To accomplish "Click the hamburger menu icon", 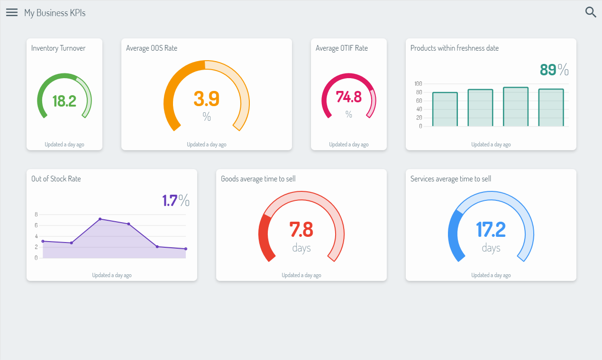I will [12, 13].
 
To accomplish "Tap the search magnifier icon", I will [591, 12].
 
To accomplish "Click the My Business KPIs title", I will [55, 13].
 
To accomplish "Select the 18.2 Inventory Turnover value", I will [64, 101].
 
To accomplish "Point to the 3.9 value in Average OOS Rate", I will [207, 99].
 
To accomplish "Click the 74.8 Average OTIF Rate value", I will [348, 97].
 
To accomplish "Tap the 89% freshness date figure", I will [554, 70].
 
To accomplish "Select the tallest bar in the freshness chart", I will [516, 107].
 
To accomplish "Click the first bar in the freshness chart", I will [445, 109].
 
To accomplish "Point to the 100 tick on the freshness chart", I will [418, 83].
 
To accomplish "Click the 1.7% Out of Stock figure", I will [175, 200].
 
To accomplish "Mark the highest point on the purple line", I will [100, 219].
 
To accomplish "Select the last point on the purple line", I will [186, 249].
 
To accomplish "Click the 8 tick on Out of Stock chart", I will [36, 215].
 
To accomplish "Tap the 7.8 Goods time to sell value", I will [301, 229].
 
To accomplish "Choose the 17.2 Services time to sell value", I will [491, 229].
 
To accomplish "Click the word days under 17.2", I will [491, 248].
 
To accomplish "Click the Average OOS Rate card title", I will [152, 48].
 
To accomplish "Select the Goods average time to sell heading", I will [258, 179].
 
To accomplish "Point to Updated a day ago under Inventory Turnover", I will [64, 144].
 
